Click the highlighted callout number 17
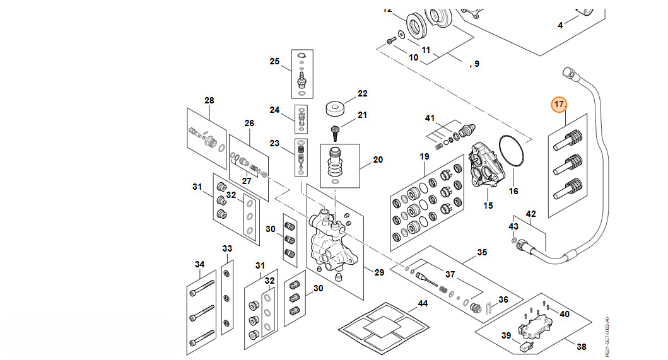click(559, 104)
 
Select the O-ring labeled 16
click(513, 152)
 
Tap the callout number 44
click(422, 305)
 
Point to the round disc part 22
click(338, 108)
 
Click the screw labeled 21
click(336, 132)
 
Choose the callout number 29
click(378, 273)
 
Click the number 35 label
click(482, 252)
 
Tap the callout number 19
click(424, 156)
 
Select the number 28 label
click(209, 100)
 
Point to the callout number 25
click(274, 61)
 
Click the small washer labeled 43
click(515, 240)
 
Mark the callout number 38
click(582, 346)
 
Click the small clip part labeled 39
click(524, 346)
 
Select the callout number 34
click(199, 264)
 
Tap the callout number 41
click(430, 119)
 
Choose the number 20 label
click(378, 160)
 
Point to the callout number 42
click(530, 214)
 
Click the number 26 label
click(249, 123)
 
